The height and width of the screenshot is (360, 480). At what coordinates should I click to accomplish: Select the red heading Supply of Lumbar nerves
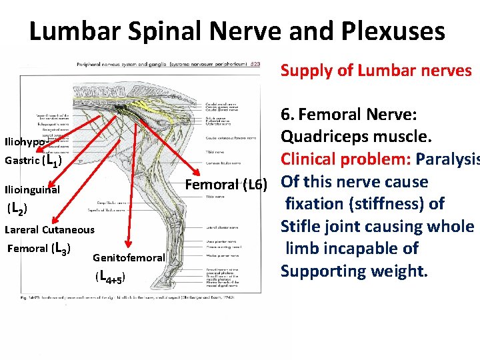point(376,70)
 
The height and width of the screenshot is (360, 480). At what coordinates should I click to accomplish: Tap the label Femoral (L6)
point(226,183)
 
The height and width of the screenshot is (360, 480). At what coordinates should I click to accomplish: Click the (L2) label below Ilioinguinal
point(17,210)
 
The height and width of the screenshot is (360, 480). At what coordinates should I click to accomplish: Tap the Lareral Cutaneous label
point(49,230)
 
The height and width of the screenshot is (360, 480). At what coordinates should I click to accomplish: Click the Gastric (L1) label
point(33,161)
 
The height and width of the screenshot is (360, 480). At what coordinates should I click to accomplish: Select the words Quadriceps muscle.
point(356,137)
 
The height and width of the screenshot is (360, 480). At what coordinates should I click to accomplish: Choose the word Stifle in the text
point(301,226)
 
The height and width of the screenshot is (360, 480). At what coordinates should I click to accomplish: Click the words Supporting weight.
point(354,271)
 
